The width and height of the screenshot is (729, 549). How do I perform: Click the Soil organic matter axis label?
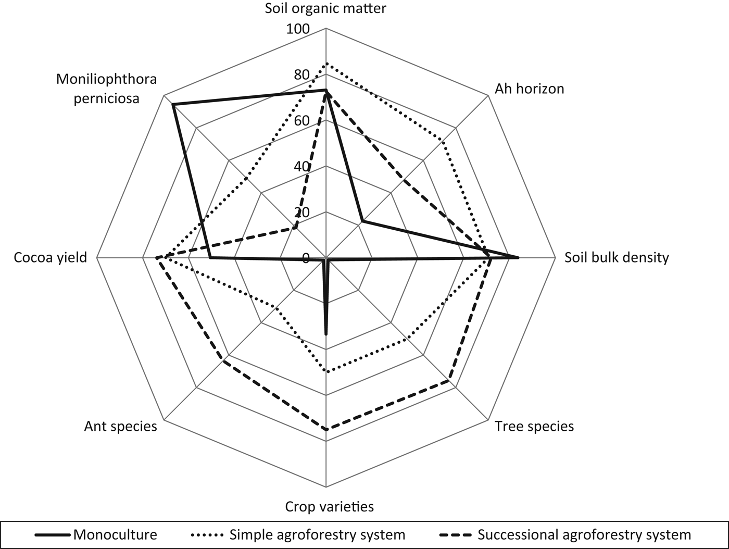[x=325, y=8]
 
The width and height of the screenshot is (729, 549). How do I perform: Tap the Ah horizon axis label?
[x=529, y=89]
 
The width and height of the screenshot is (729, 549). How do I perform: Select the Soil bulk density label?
[x=617, y=257]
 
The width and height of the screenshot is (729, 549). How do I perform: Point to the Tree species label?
[x=534, y=426]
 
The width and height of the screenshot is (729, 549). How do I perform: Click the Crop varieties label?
[x=329, y=506]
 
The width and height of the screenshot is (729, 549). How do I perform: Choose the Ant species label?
[x=120, y=426]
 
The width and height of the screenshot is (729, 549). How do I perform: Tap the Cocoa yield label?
[x=51, y=257]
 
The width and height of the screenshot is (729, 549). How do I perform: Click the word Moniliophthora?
[x=107, y=79]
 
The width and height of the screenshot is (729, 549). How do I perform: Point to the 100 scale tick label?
[x=298, y=29]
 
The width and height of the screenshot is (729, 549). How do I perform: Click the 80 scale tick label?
[x=301, y=75]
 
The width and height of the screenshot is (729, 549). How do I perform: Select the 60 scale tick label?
[x=301, y=121]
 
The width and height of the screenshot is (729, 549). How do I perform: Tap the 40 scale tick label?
[x=301, y=167]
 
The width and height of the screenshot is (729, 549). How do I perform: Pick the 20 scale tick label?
[x=301, y=213]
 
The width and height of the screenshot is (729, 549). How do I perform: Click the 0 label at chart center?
[x=306, y=258]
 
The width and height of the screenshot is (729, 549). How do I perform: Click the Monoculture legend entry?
[x=115, y=534]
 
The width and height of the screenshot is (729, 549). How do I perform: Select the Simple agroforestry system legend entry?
[x=317, y=534]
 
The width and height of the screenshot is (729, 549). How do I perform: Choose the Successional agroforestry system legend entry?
[x=584, y=534]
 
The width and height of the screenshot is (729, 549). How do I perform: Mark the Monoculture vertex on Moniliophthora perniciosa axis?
[x=173, y=105]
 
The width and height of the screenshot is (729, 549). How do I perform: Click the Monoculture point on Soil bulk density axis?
[x=518, y=258]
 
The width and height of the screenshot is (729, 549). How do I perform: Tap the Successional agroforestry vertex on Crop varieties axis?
[x=326, y=430]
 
